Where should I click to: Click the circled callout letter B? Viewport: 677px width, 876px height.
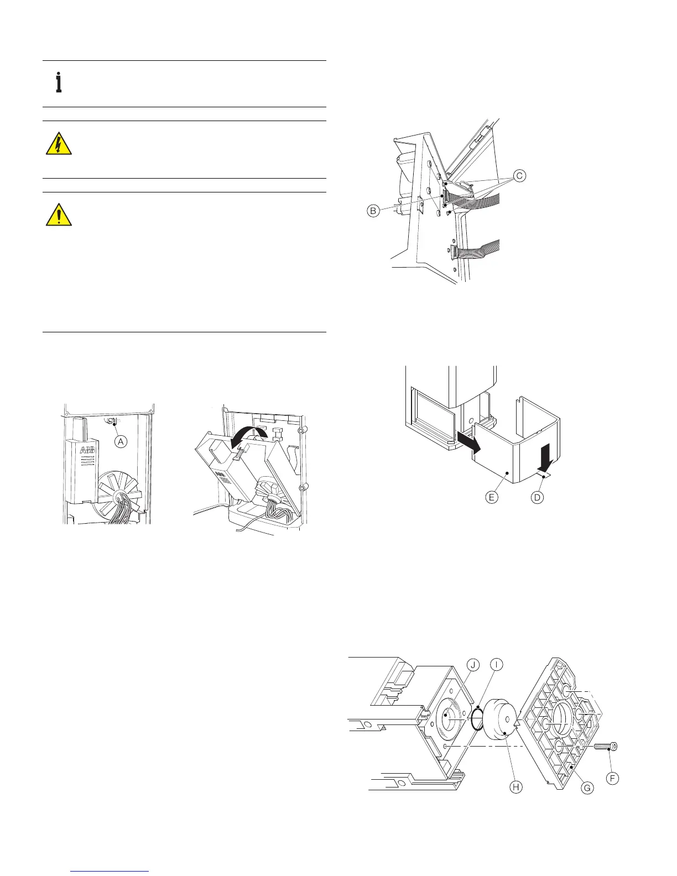coord(374,210)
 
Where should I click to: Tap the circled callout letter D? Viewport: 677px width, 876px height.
coord(537,497)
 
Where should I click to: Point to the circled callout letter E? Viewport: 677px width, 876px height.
coord(491,497)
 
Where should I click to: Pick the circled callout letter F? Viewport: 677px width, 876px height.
coord(612,778)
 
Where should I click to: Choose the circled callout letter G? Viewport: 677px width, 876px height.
coord(587,788)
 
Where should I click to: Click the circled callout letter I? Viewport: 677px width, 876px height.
coord(496,665)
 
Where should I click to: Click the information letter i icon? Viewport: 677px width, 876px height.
coord(58,83)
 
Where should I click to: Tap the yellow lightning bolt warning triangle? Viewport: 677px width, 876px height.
coord(58,144)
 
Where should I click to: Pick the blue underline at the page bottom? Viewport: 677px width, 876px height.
coord(111,872)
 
